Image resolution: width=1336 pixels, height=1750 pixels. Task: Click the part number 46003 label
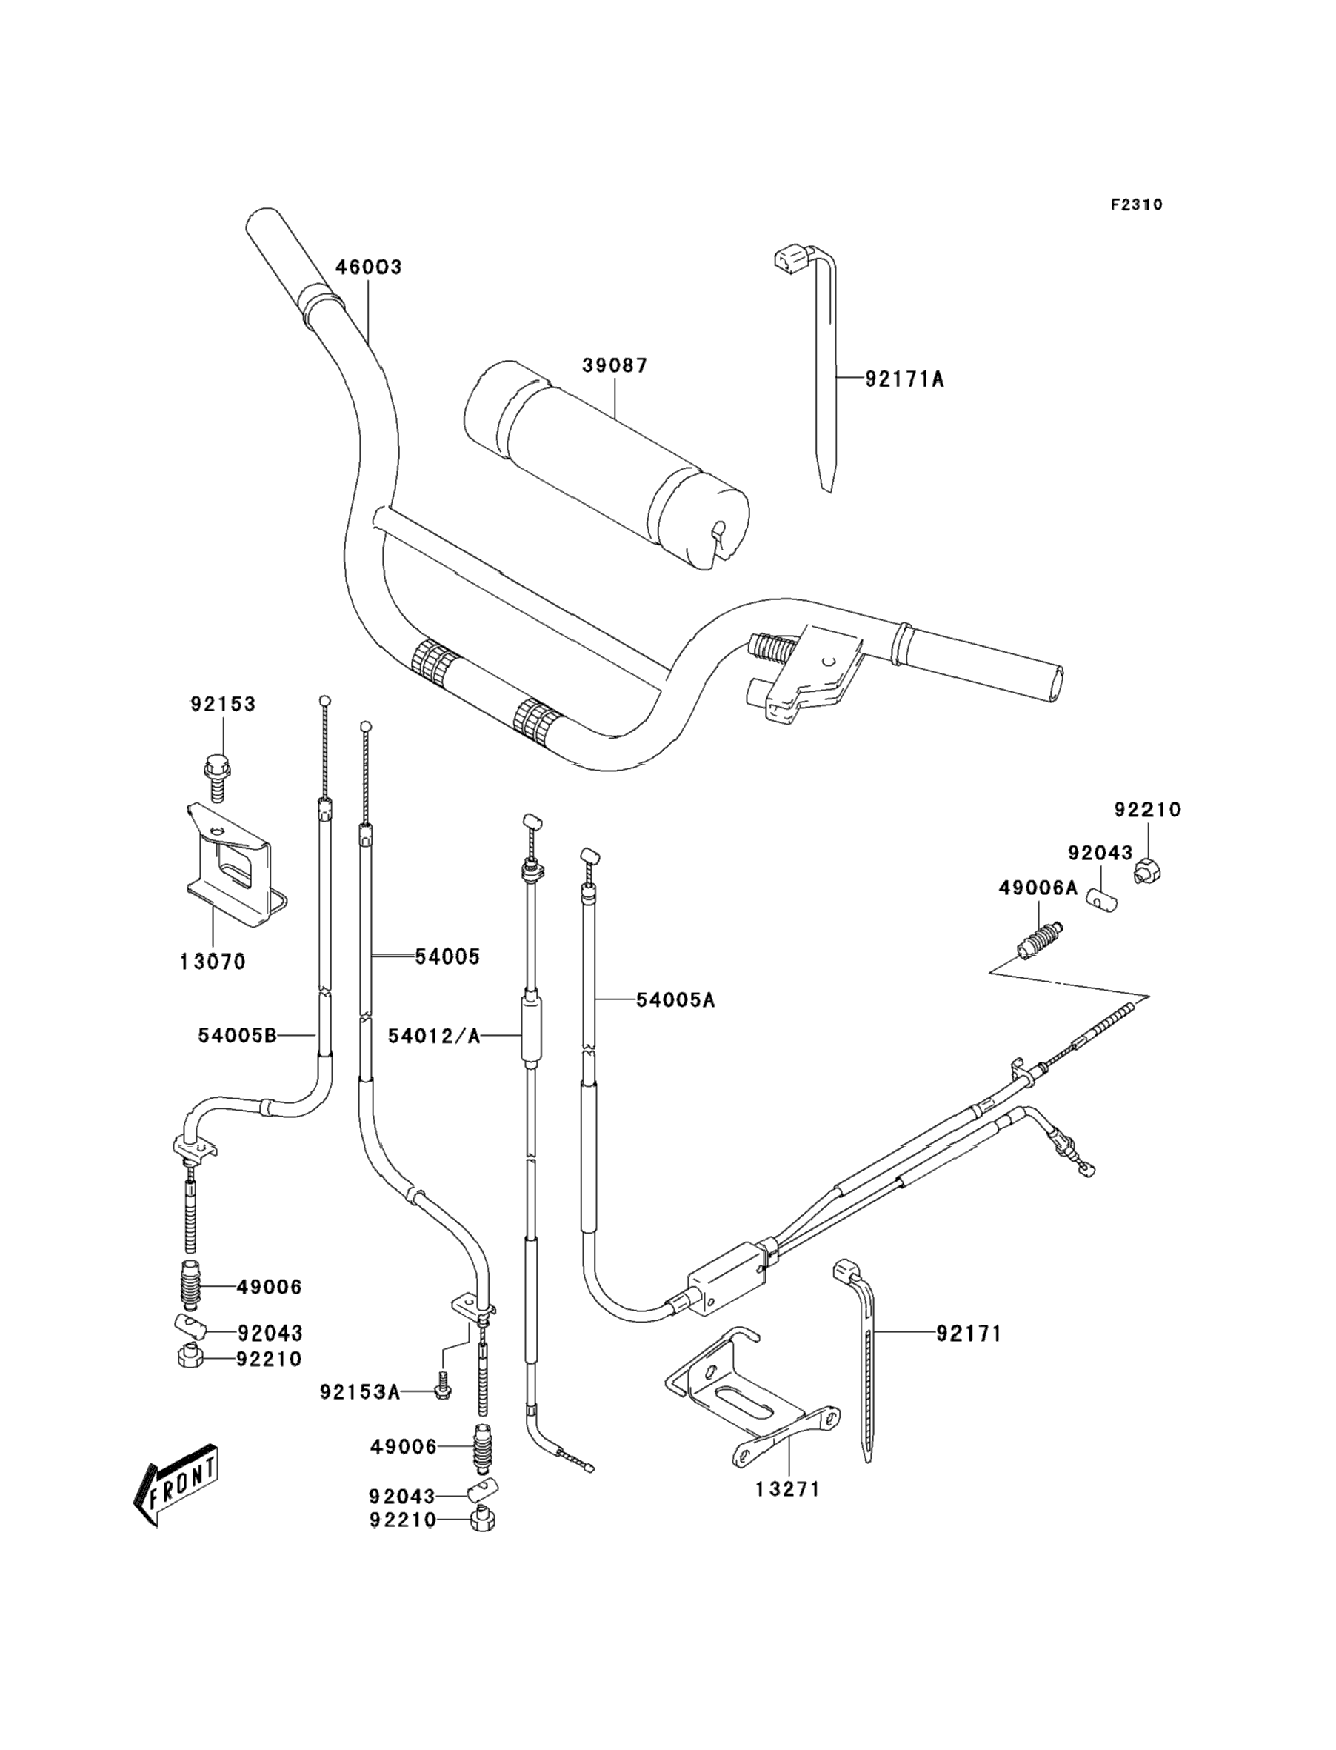click(368, 267)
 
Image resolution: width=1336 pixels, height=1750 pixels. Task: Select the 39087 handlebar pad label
click(615, 366)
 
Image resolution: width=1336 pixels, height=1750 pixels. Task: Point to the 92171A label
click(904, 379)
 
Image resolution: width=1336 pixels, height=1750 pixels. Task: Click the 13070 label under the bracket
click(213, 962)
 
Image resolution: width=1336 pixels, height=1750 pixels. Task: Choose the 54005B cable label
click(237, 1035)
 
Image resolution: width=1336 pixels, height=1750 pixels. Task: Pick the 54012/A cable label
click(434, 1036)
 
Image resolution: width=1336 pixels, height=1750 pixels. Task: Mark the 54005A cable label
click(675, 1000)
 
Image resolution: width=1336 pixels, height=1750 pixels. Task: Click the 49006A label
click(1038, 888)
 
